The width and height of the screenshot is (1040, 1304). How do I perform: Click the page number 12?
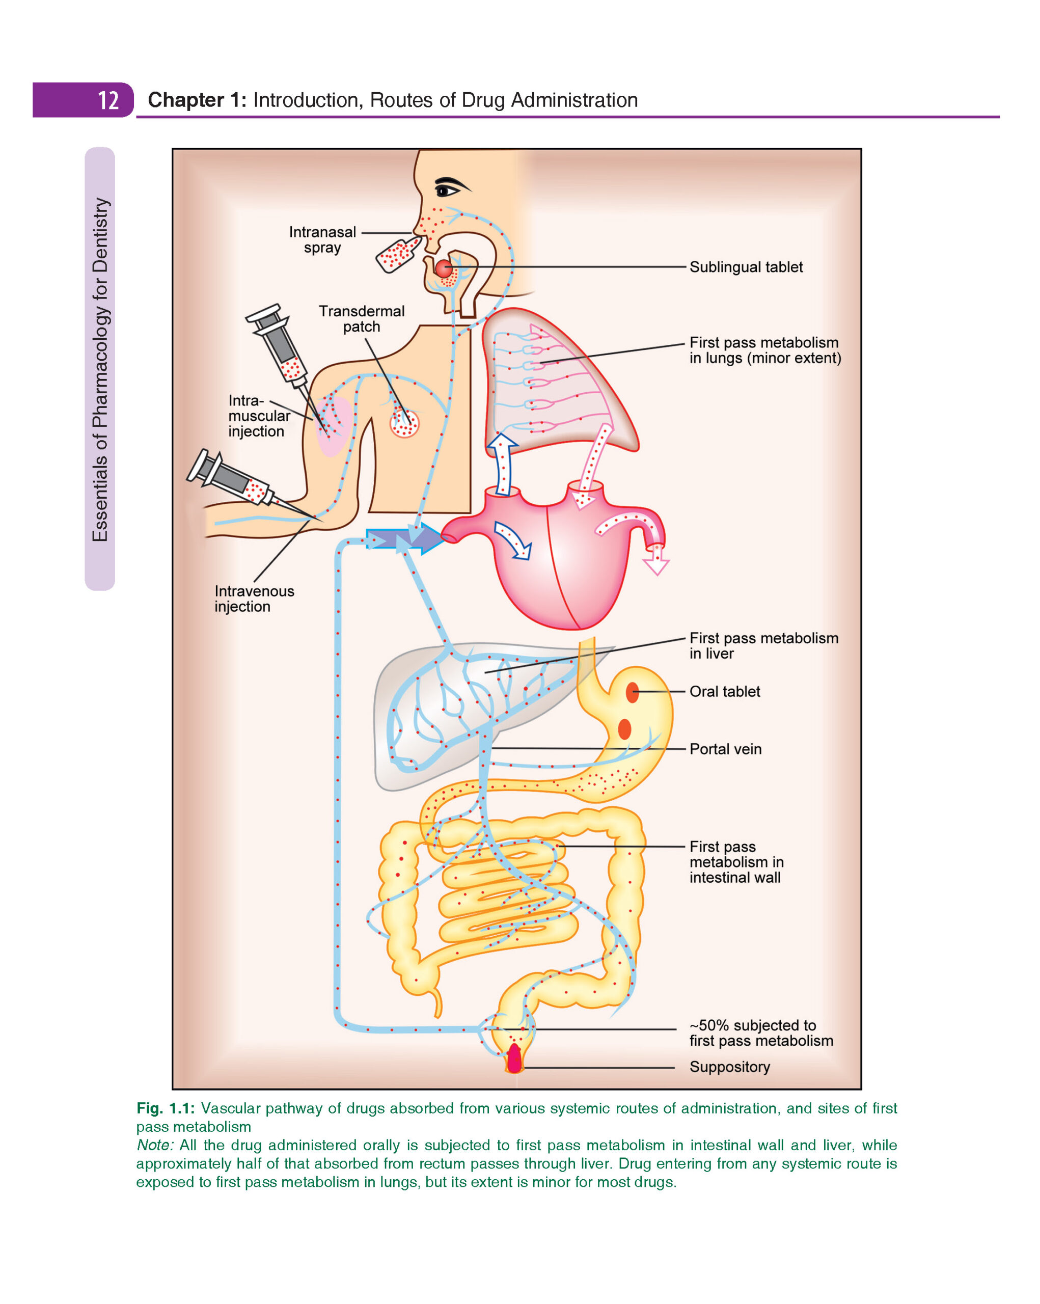pyautogui.click(x=108, y=100)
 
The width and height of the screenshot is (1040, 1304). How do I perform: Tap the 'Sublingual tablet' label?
pyautogui.click(x=746, y=267)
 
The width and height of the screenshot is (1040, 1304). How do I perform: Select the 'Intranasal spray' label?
pyautogui.click(x=322, y=239)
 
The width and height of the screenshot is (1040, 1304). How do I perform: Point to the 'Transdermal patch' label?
pyautogui.click(x=362, y=319)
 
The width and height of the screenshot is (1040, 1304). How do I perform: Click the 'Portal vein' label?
pyautogui.click(x=725, y=749)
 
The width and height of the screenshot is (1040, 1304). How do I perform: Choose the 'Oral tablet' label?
pyautogui.click(x=724, y=691)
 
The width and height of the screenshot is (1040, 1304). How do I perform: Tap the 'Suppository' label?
pyautogui.click(x=729, y=1066)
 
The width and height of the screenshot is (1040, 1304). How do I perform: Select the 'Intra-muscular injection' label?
pyautogui.click(x=258, y=416)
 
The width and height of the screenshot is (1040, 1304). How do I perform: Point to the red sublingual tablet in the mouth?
pyautogui.click(x=444, y=268)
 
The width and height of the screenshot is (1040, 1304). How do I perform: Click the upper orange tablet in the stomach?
pyautogui.click(x=633, y=692)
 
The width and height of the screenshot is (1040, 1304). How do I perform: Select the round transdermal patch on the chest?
pyautogui.click(x=404, y=423)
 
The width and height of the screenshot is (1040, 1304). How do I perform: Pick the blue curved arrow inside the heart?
pyautogui.click(x=513, y=539)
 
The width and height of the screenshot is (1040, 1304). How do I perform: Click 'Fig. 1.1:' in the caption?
pyautogui.click(x=165, y=1108)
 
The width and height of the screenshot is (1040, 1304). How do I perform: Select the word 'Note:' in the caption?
pyautogui.click(x=155, y=1145)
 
